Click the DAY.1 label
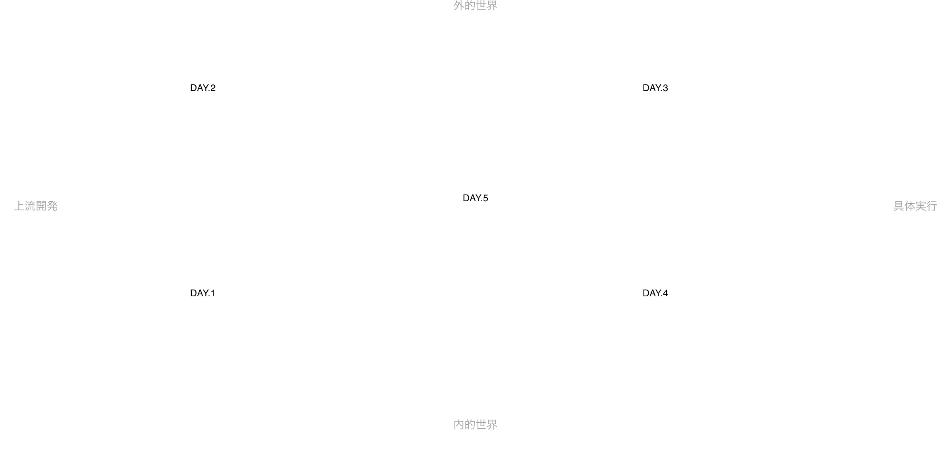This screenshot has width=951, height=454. click(202, 293)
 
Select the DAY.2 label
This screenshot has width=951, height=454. click(203, 88)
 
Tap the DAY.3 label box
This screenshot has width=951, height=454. click(656, 88)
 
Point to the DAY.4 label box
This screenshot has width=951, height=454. click(656, 293)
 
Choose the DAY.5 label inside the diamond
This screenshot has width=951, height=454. click(475, 198)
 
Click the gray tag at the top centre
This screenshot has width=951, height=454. click(475, 6)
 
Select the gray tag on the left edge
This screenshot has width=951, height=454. click(36, 206)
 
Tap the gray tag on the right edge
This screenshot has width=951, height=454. click(915, 206)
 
